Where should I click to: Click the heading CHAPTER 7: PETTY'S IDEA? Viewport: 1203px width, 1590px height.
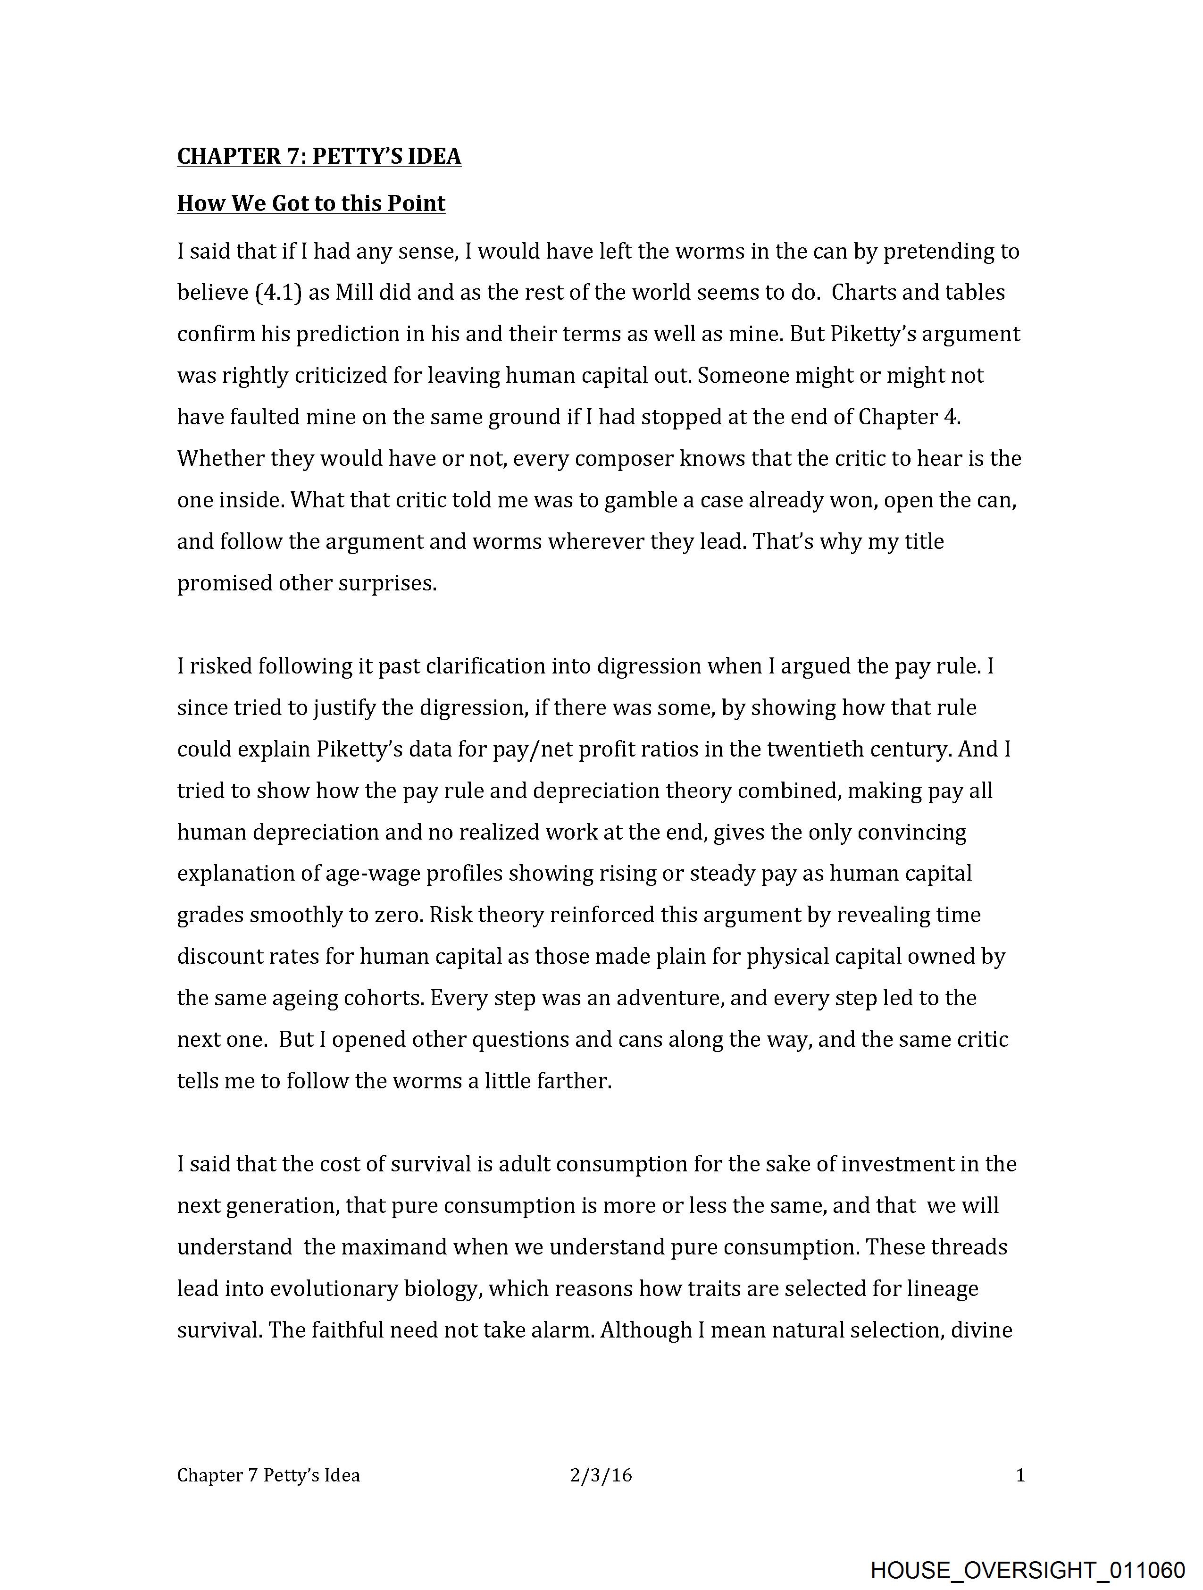pos(319,156)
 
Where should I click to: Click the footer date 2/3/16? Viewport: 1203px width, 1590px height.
pos(601,1476)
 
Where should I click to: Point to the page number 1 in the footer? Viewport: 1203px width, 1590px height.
pos(1020,1476)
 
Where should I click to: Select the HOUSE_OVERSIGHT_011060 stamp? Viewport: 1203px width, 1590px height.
pos(1027,1570)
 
